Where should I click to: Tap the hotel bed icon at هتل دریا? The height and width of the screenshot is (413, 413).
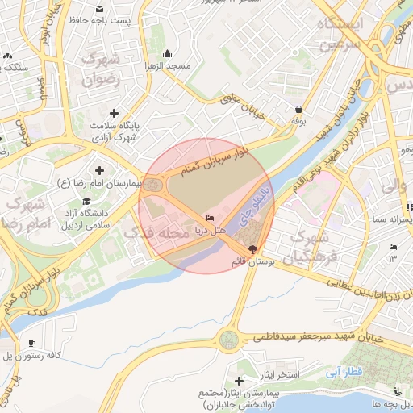[211, 219]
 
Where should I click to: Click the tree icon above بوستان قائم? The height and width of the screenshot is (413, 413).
[254, 249]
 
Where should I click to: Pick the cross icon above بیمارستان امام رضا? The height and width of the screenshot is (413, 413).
[100, 170]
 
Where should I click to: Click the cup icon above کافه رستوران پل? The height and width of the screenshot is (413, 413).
[31, 344]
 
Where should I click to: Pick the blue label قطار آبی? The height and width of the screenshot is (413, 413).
[348, 373]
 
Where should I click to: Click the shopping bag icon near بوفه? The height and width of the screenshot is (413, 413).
[299, 110]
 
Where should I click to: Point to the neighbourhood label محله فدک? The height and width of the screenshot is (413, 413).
[156, 233]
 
